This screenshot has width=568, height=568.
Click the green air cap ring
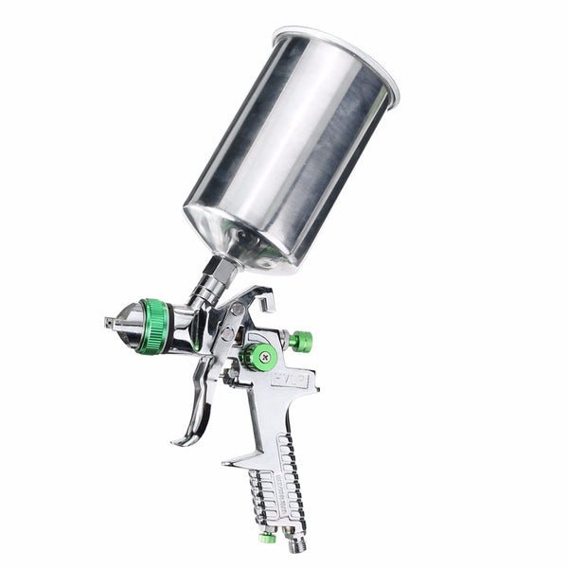tap(153, 327)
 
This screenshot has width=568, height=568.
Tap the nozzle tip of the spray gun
tap(109, 323)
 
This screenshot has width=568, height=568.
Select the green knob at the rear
tap(301, 341)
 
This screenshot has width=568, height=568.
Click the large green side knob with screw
tap(257, 356)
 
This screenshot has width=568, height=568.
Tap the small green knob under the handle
tap(269, 537)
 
